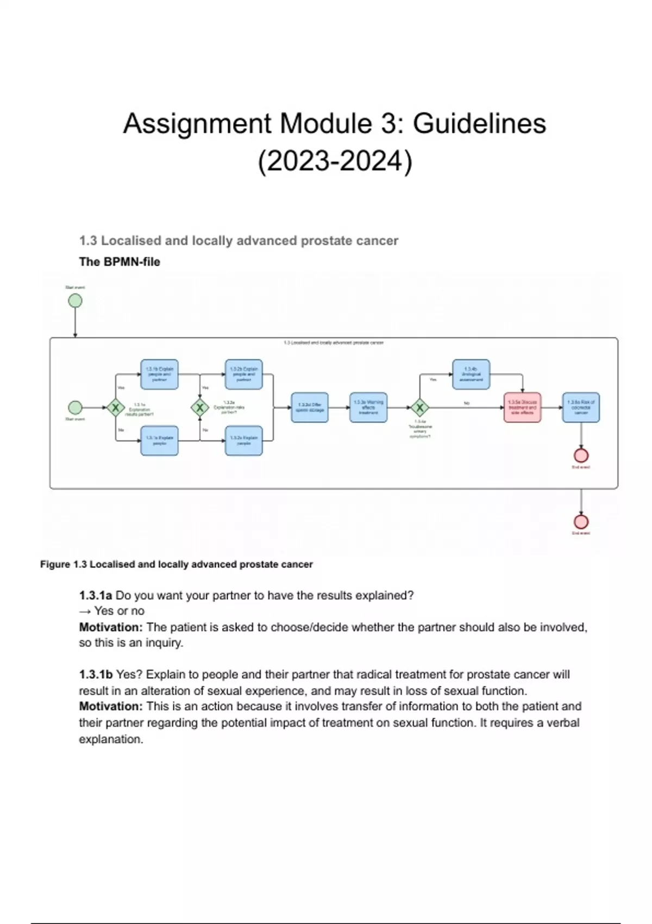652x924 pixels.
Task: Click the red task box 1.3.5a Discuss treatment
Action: pyautogui.click(x=522, y=407)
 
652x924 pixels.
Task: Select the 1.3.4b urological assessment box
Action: pyautogui.click(x=471, y=374)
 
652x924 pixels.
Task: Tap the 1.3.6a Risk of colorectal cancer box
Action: pyautogui.click(x=581, y=407)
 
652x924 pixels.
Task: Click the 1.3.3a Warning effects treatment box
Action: pyautogui.click(x=368, y=407)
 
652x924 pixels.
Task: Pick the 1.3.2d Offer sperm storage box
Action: pyautogui.click(x=310, y=407)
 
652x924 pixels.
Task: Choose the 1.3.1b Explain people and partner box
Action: pyautogui.click(x=159, y=374)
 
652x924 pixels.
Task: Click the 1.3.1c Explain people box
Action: pyautogui.click(x=159, y=440)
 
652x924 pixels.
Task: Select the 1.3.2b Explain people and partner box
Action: pyautogui.click(x=244, y=374)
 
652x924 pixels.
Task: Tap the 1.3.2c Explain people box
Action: pyautogui.click(x=244, y=440)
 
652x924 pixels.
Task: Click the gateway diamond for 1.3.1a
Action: pyautogui.click(x=115, y=407)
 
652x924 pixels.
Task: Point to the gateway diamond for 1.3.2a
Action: pyautogui.click(x=200, y=407)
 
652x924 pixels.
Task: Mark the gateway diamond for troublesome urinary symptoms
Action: pyautogui.click(x=419, y=407)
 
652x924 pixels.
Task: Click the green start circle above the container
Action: pyautogui.click(x=75, y=301)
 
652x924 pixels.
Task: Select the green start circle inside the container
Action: pyautogui.click(x=75, y=407)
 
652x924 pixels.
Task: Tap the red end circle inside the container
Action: pyautogui.click(x=581, y=455)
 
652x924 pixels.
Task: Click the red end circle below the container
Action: pyautogui.click(x=581, y=522)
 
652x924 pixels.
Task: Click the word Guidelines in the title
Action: pyautogui.click(x=479, y=123)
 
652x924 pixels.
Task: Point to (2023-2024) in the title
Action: pyautogui.click(x=335, y=161)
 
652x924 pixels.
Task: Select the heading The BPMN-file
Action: pyautogui.click(x=120, y=262)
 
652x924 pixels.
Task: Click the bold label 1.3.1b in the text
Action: pyautogui.click(x=96, y=675)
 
